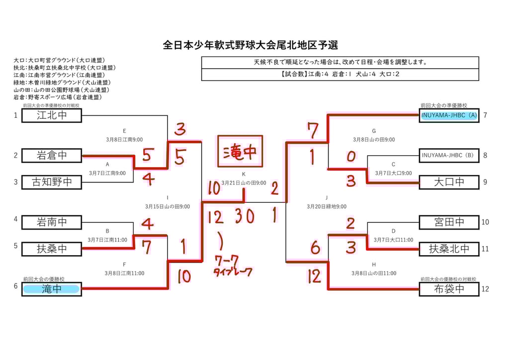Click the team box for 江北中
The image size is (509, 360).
pyautogui.click(x=52, y=115)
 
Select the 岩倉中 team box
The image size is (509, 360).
pyautogui.click(x=52, y=156)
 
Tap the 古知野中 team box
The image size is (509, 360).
pyautogui.click(x=52, y=182)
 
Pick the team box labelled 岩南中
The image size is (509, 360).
pyautogui.click(x=52, y=222)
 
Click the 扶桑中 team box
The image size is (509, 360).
pyautogui.click(x=52, y=249)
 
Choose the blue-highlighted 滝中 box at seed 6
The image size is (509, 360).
pyautogui.click(x=52, y=289)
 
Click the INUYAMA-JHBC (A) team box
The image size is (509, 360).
pyautogui.click(x=449, y=115)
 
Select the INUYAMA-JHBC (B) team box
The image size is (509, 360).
pyautogui.click(x=449, y=156)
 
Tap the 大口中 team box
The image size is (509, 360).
pyautogui.click(x=449, y=182)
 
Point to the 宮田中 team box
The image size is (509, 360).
pyautogui.click(x=449, y=222)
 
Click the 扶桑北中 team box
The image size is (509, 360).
pyautogui.click(x=449, y=249)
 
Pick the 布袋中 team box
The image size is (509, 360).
pyautogui.click(x=449, y=289)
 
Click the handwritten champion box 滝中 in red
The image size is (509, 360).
pyautogui.click(x=240, y=152)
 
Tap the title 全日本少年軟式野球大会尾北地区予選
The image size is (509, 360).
pyautogui.click(x=251, y=45)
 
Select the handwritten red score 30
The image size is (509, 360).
pyautogui.click(x=245, y=216)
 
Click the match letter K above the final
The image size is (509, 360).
pyautogui.click(x=244, y=174)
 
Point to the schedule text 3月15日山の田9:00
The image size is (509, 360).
pyautogui.click(x=168, y=206)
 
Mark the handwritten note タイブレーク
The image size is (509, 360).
pyautogui.click(x=233, y=272)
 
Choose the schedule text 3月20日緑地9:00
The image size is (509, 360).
pyautogui.click(x=327, y=206)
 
